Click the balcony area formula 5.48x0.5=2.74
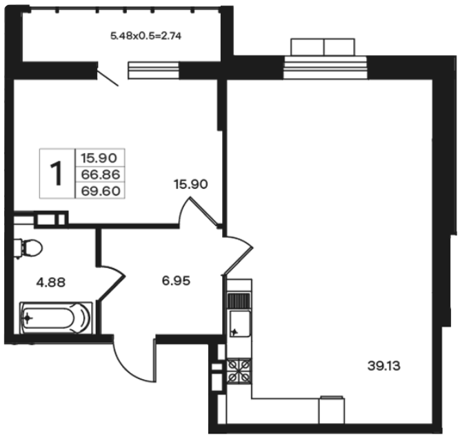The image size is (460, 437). [146, 36]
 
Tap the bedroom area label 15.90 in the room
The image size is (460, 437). [190, 184]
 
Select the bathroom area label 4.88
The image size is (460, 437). [51, 283]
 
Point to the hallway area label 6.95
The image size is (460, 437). [176, 281]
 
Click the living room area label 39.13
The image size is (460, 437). [383, 366]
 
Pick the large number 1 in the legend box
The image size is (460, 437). [57, 173]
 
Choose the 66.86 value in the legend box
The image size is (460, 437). [101, 174]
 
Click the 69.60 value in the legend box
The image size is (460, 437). [101, 191]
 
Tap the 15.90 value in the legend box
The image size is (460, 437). [99, 158]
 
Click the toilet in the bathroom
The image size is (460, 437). [28, 248]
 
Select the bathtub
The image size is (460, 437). [56, 318]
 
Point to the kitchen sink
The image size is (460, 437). [240, 323]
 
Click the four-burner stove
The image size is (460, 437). [239, 371]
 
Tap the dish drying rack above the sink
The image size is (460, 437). [239, 301]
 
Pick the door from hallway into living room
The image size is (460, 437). [238, 255]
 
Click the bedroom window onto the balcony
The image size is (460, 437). [153, 70]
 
